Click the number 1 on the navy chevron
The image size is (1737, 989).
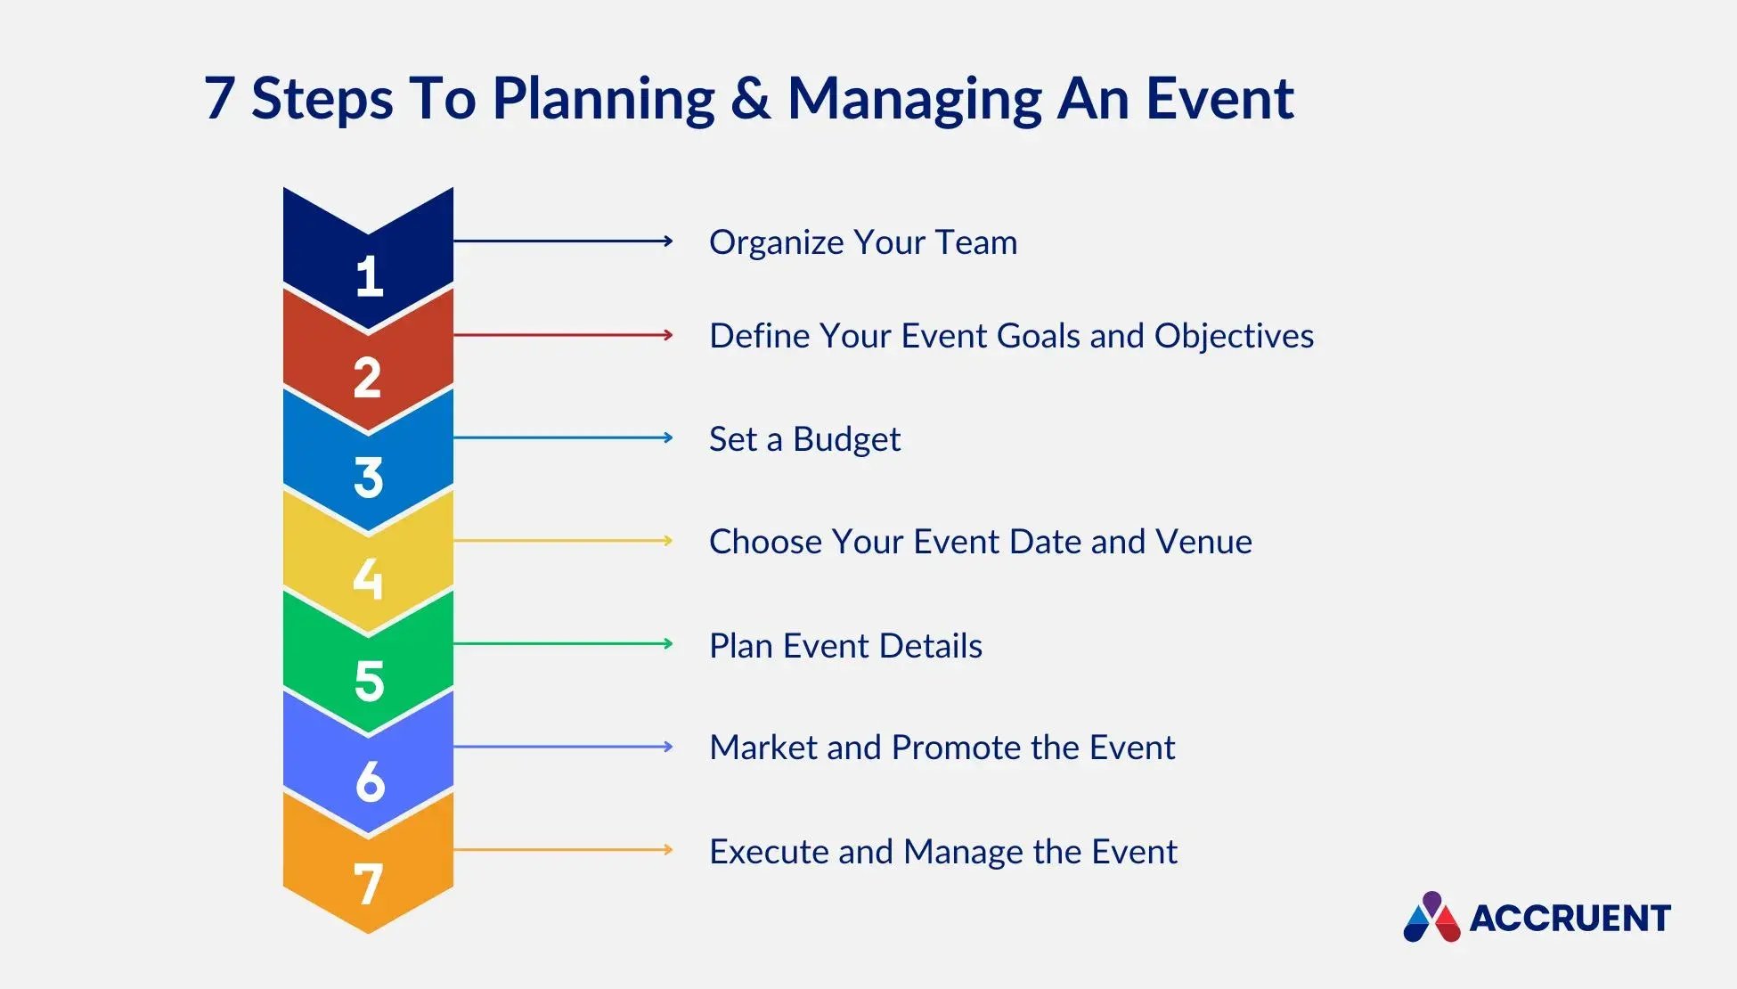click(369, 276)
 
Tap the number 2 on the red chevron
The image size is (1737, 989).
click(367, 377)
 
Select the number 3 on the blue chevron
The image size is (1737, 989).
click(368, 478)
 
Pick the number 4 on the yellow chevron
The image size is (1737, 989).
click(368, 578)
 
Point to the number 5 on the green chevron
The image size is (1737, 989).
click(369, 681)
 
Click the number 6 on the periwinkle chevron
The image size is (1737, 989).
click(370, 781)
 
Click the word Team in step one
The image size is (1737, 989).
click(975, 242)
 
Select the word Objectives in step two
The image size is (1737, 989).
click(1234, 336)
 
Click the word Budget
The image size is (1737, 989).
click(846, 439)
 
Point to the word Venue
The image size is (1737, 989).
click(1203, 542)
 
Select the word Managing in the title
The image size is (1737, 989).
click(915, 100)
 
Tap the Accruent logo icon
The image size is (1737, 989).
click(1431, 917)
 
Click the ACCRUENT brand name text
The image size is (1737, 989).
click(1570, 919)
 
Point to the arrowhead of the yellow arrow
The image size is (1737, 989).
click(668, 541)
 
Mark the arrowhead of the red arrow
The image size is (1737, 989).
click(668, 335)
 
